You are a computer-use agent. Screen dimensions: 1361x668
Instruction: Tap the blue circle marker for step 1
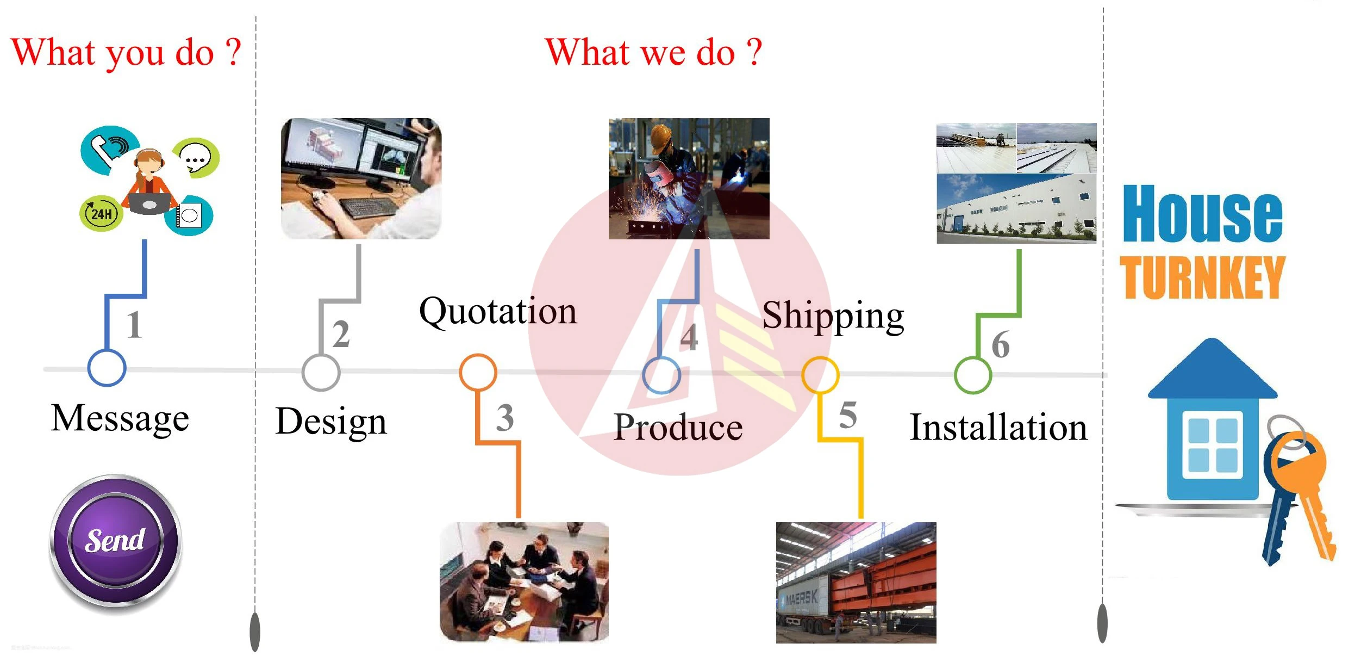click(x=107, y=368)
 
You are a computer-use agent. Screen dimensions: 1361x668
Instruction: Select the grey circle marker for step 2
click(x=321, y=372)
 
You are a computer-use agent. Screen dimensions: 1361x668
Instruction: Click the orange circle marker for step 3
click(x=478, y=372)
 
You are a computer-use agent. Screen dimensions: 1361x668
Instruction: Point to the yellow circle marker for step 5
click(x=820, y=375)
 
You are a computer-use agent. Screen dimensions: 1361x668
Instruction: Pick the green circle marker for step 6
click(x=973, y=375)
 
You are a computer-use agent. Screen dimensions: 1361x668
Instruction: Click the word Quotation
click(x=498, y=312)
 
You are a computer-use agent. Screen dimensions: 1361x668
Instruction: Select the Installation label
click(x=998, y=428)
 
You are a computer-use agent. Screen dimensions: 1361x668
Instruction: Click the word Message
click(x=120, y=418)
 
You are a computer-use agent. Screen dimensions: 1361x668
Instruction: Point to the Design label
click(x=331, y=422)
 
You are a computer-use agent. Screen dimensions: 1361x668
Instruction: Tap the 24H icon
click(x=101, y=213)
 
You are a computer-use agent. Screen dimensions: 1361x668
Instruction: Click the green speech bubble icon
click(x=196, y=158)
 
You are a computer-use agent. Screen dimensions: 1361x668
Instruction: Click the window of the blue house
click(x=1213, y=445)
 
